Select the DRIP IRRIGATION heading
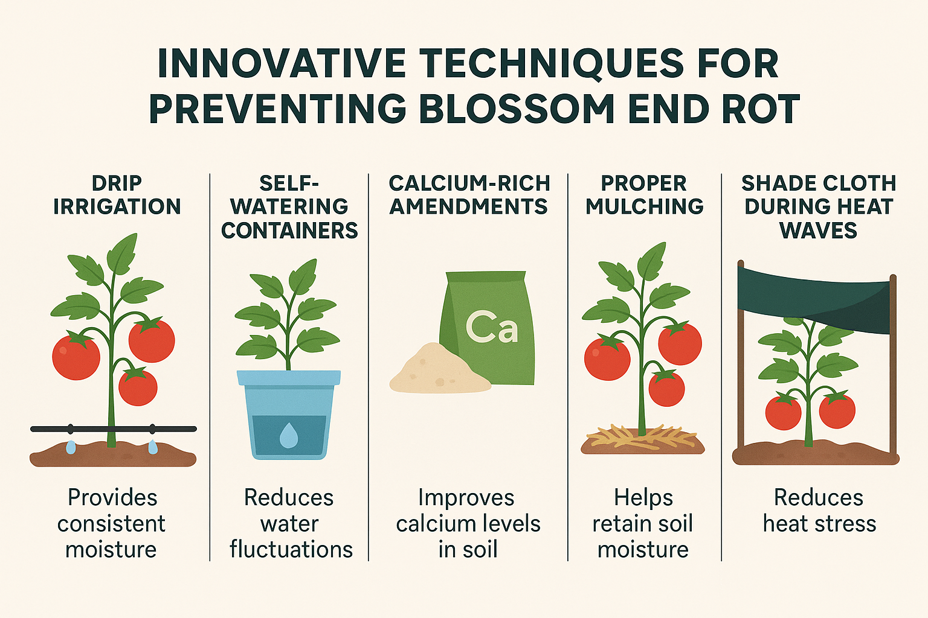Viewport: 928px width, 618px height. [x=117, y=195]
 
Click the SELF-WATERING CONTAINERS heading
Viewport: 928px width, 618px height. [x=289, y=207]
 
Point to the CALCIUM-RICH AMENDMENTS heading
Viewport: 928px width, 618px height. [x=469, y=195]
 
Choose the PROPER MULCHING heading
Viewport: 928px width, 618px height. [x=644, y=195]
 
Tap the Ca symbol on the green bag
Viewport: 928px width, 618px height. [x=492, y=328]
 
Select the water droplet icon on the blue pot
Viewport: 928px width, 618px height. [x=289, y=435]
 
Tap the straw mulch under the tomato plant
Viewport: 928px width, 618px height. [x=642, y=437]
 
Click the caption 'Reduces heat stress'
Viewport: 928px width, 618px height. [x=819, y=511]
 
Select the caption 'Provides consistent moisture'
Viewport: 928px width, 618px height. [x=112, y=523]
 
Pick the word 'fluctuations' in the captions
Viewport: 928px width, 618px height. [x=291, y=549]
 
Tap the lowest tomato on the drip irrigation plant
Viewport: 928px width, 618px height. [x=138, y=387]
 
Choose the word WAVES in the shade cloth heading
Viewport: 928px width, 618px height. [x=818, y=231]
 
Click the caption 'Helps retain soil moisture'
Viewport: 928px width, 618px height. [x=643, y=523]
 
